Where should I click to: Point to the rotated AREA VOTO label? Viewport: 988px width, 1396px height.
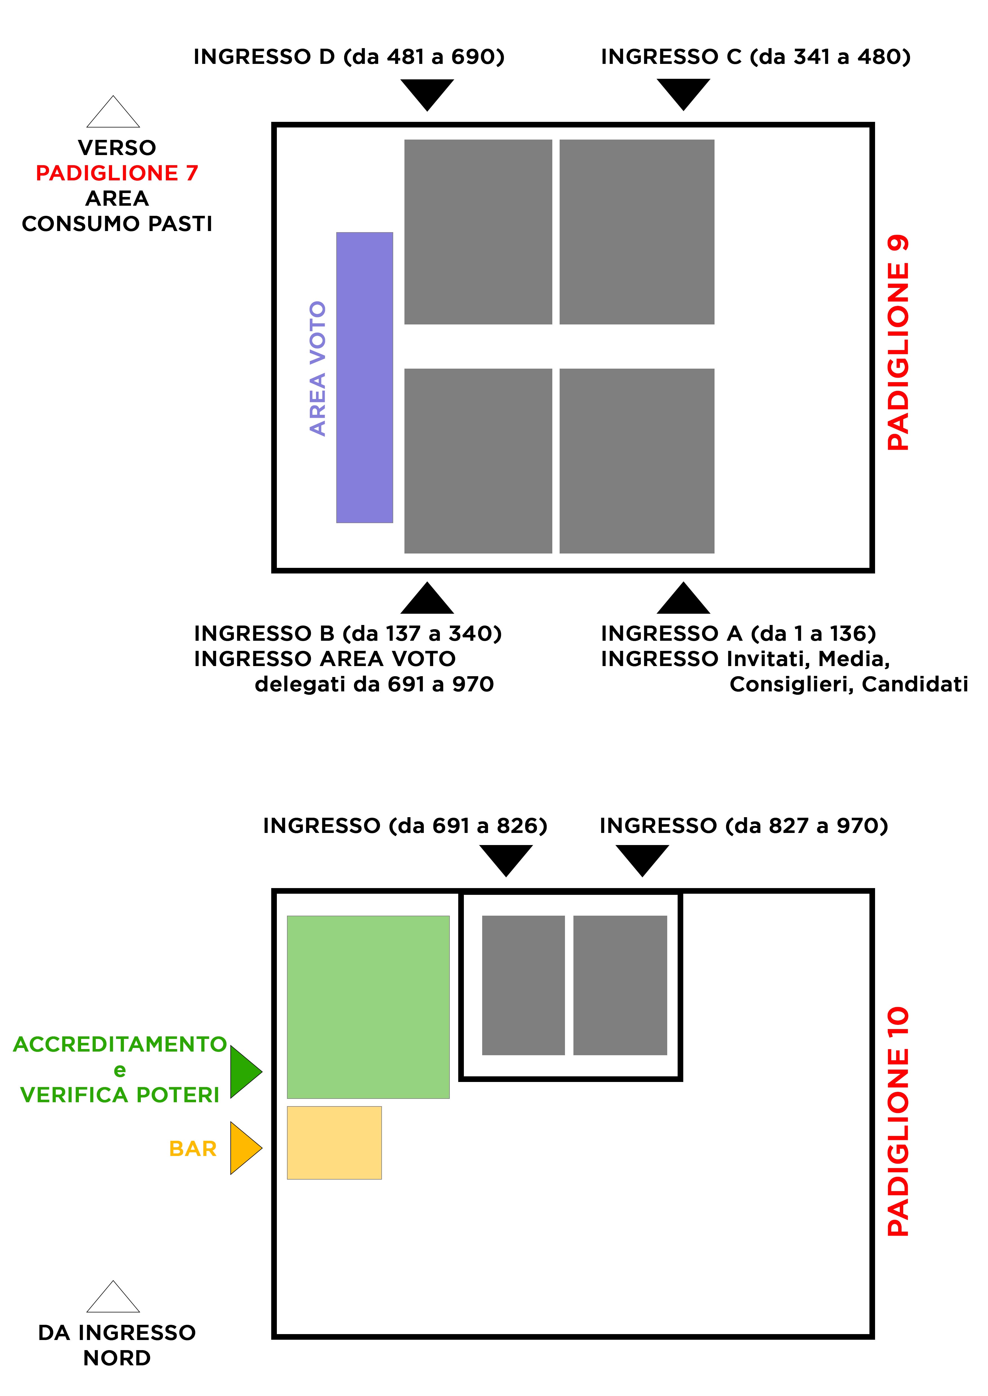318,368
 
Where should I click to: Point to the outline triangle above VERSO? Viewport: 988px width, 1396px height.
113,114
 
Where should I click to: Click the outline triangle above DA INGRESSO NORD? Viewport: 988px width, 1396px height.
113,1299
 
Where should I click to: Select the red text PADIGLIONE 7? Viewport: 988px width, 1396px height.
117,173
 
